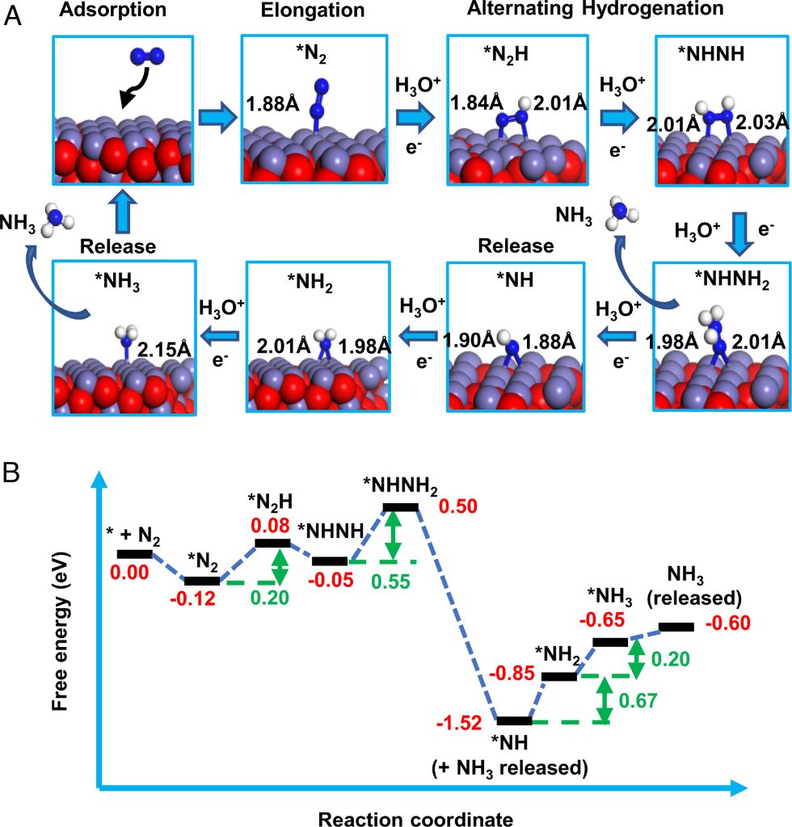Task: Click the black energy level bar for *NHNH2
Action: click(401, 506)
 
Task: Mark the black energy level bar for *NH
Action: click(513, 720)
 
